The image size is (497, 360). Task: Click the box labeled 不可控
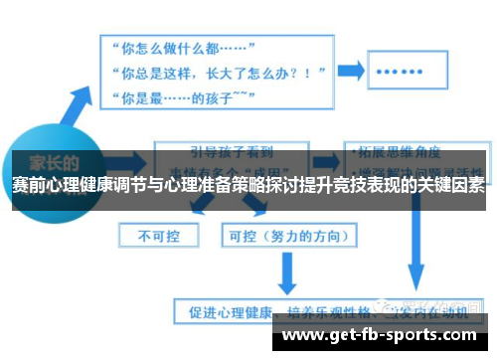tap(157, 235)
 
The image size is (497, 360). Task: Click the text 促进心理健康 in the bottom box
tap(221, 310)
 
